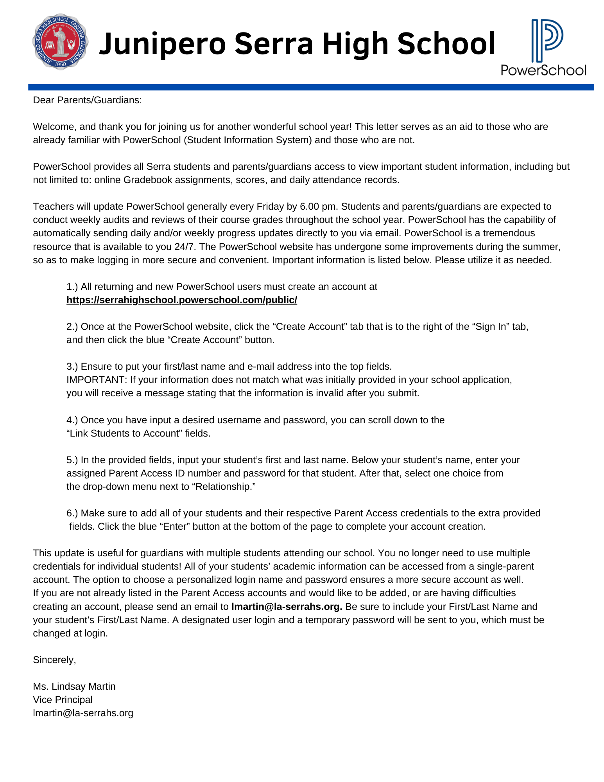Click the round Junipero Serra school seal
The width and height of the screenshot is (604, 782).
click(x=60, y=42)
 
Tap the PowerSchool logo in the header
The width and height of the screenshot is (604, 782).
click(x=543, y=47)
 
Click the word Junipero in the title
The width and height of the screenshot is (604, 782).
click(x=162, y=44)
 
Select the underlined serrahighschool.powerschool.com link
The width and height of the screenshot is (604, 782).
click(x=182, y=300)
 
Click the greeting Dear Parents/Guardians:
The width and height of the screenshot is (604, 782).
click(x=87, y=100)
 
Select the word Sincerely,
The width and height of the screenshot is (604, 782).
click(x=54, y=660)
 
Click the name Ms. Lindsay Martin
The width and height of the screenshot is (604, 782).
click(x=74, y=687)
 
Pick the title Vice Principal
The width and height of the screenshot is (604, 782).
click(x=63, y=700)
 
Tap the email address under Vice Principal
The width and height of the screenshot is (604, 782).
click(x=83, y=713)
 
